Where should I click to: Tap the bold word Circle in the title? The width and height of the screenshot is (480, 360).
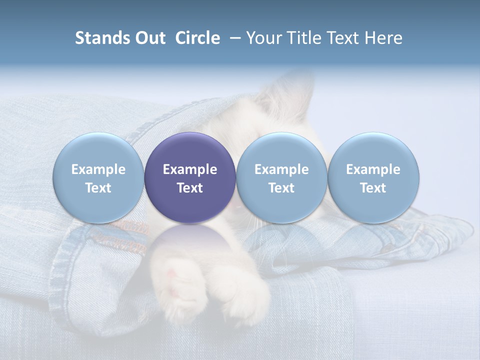[197, 38]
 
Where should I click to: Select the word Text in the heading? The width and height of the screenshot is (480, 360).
[341, 38]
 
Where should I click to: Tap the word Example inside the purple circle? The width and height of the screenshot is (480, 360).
[189, 169]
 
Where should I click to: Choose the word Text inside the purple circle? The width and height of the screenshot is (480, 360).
[189, 188]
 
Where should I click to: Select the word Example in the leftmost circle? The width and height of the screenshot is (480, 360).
[98, 169]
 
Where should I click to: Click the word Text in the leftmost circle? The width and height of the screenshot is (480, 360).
[98, 188]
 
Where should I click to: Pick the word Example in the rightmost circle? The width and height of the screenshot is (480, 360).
[373, 169]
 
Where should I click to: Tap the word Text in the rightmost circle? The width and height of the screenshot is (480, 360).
[373, 188]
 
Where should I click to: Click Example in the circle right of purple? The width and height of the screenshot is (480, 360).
[281, 169]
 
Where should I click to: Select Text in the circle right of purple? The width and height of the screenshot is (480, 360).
[281, 188]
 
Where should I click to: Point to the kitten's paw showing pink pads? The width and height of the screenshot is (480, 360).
[177, 280]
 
